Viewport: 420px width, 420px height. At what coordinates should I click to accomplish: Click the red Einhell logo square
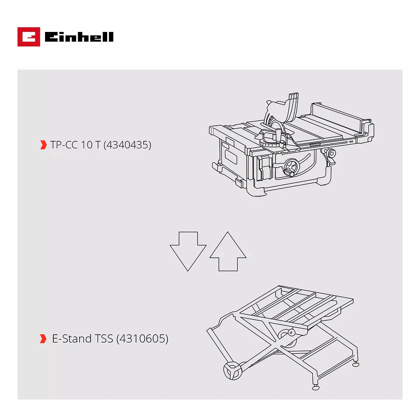[29, 37]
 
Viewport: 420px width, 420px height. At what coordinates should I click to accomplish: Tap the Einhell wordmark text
[79, 37]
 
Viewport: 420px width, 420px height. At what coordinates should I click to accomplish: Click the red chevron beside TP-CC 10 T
[43, 145]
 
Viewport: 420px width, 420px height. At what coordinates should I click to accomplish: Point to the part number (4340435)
[127, 145]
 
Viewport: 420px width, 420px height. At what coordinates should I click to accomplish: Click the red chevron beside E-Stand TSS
[43, 339]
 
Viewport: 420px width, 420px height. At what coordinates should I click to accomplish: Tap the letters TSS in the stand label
[104, 339]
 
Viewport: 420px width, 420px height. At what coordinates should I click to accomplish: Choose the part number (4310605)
[142, 339]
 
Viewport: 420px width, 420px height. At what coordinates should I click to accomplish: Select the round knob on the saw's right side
[331, 154]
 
